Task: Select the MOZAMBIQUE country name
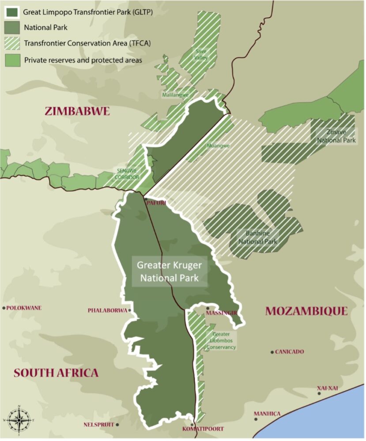[x=306, y=311]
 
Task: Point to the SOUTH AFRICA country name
[x=56, y=373]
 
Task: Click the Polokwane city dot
[x=4, y=308]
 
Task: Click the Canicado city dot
[x=272, y=352]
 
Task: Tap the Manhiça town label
[x=267, y=414]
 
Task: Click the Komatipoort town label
[x=203, y=429]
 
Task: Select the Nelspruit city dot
[x=117, y=425]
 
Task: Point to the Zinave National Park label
[x=335, y=136]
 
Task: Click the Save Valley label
[x=201, y=54]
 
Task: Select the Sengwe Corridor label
[x=128, y=174]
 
